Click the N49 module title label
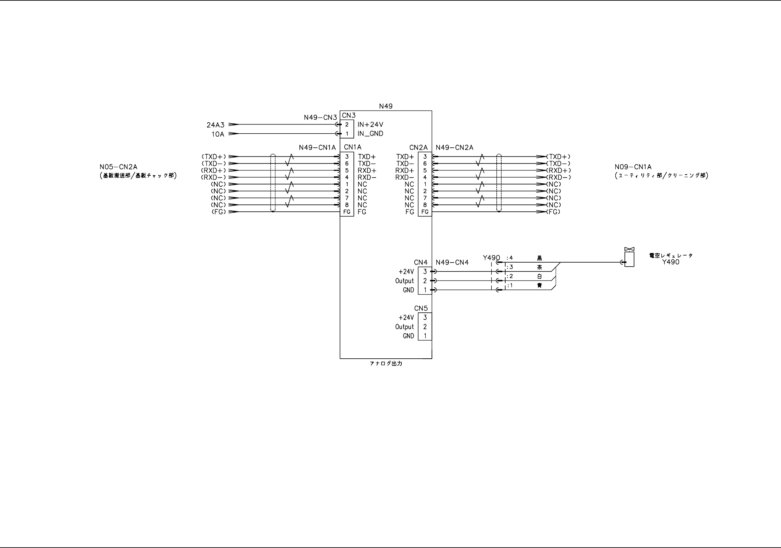point(386,106)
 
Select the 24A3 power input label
point(215,125)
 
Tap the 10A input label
point(218,134)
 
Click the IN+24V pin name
point(370,125)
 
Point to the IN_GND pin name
point(370,134)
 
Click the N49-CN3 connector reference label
point(320,117)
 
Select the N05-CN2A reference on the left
point(118,167)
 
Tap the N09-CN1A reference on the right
point(633,167)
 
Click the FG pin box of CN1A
point(347,212)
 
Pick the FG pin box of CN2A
point(425,212)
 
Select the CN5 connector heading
point(421,308)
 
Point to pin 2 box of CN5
point(425,327)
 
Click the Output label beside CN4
point(404,281)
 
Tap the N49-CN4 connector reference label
point(452,263)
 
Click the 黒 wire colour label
point(539,258)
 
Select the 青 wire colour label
point(539,285)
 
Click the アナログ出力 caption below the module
point(386,364)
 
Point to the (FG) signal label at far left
point(219,212)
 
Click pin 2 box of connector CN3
point(347,124)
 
